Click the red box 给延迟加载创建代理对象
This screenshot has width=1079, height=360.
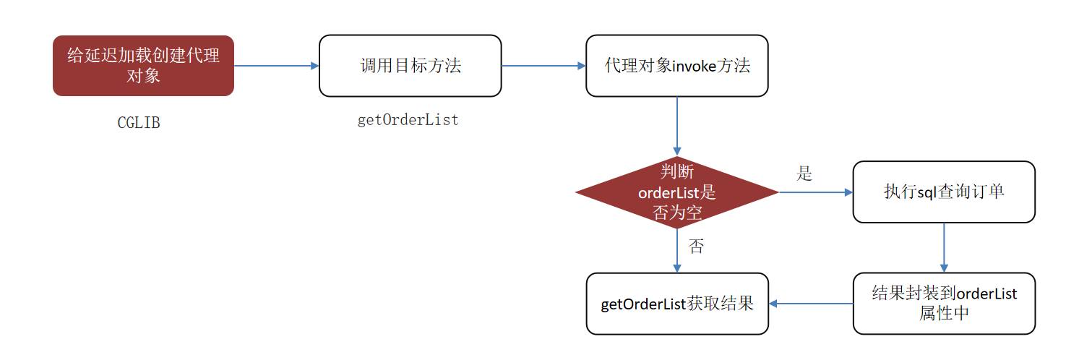coord(144,66)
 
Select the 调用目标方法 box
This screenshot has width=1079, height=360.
coord(410,66)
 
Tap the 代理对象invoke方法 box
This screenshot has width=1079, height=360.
coord(676,66)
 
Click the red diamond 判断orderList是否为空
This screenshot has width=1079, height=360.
coord(676,192)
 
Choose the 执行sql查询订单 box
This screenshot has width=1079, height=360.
coord(944,192)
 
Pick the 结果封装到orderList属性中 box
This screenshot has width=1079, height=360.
coord(944,304)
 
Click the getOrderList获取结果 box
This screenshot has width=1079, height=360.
coord(677,304)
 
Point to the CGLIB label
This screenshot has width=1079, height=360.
coord(139,123)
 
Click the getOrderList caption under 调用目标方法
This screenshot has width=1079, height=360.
coord(408,120)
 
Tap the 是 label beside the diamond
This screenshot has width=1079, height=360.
coord(804,173)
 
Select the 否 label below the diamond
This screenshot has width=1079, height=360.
coord(696,247)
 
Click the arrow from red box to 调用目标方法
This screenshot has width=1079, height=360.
coord(277,66)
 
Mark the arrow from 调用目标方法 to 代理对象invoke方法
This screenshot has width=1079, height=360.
coord(543,66)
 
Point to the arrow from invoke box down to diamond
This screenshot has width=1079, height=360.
coord(676,126)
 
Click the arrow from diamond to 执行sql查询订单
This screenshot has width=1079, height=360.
coord(816,192)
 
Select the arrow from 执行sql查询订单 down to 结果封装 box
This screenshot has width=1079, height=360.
coord(944,248)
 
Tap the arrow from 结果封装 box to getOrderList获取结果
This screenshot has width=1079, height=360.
coord(811,304)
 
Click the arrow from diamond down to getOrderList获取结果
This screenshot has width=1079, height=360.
coord(676,251)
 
